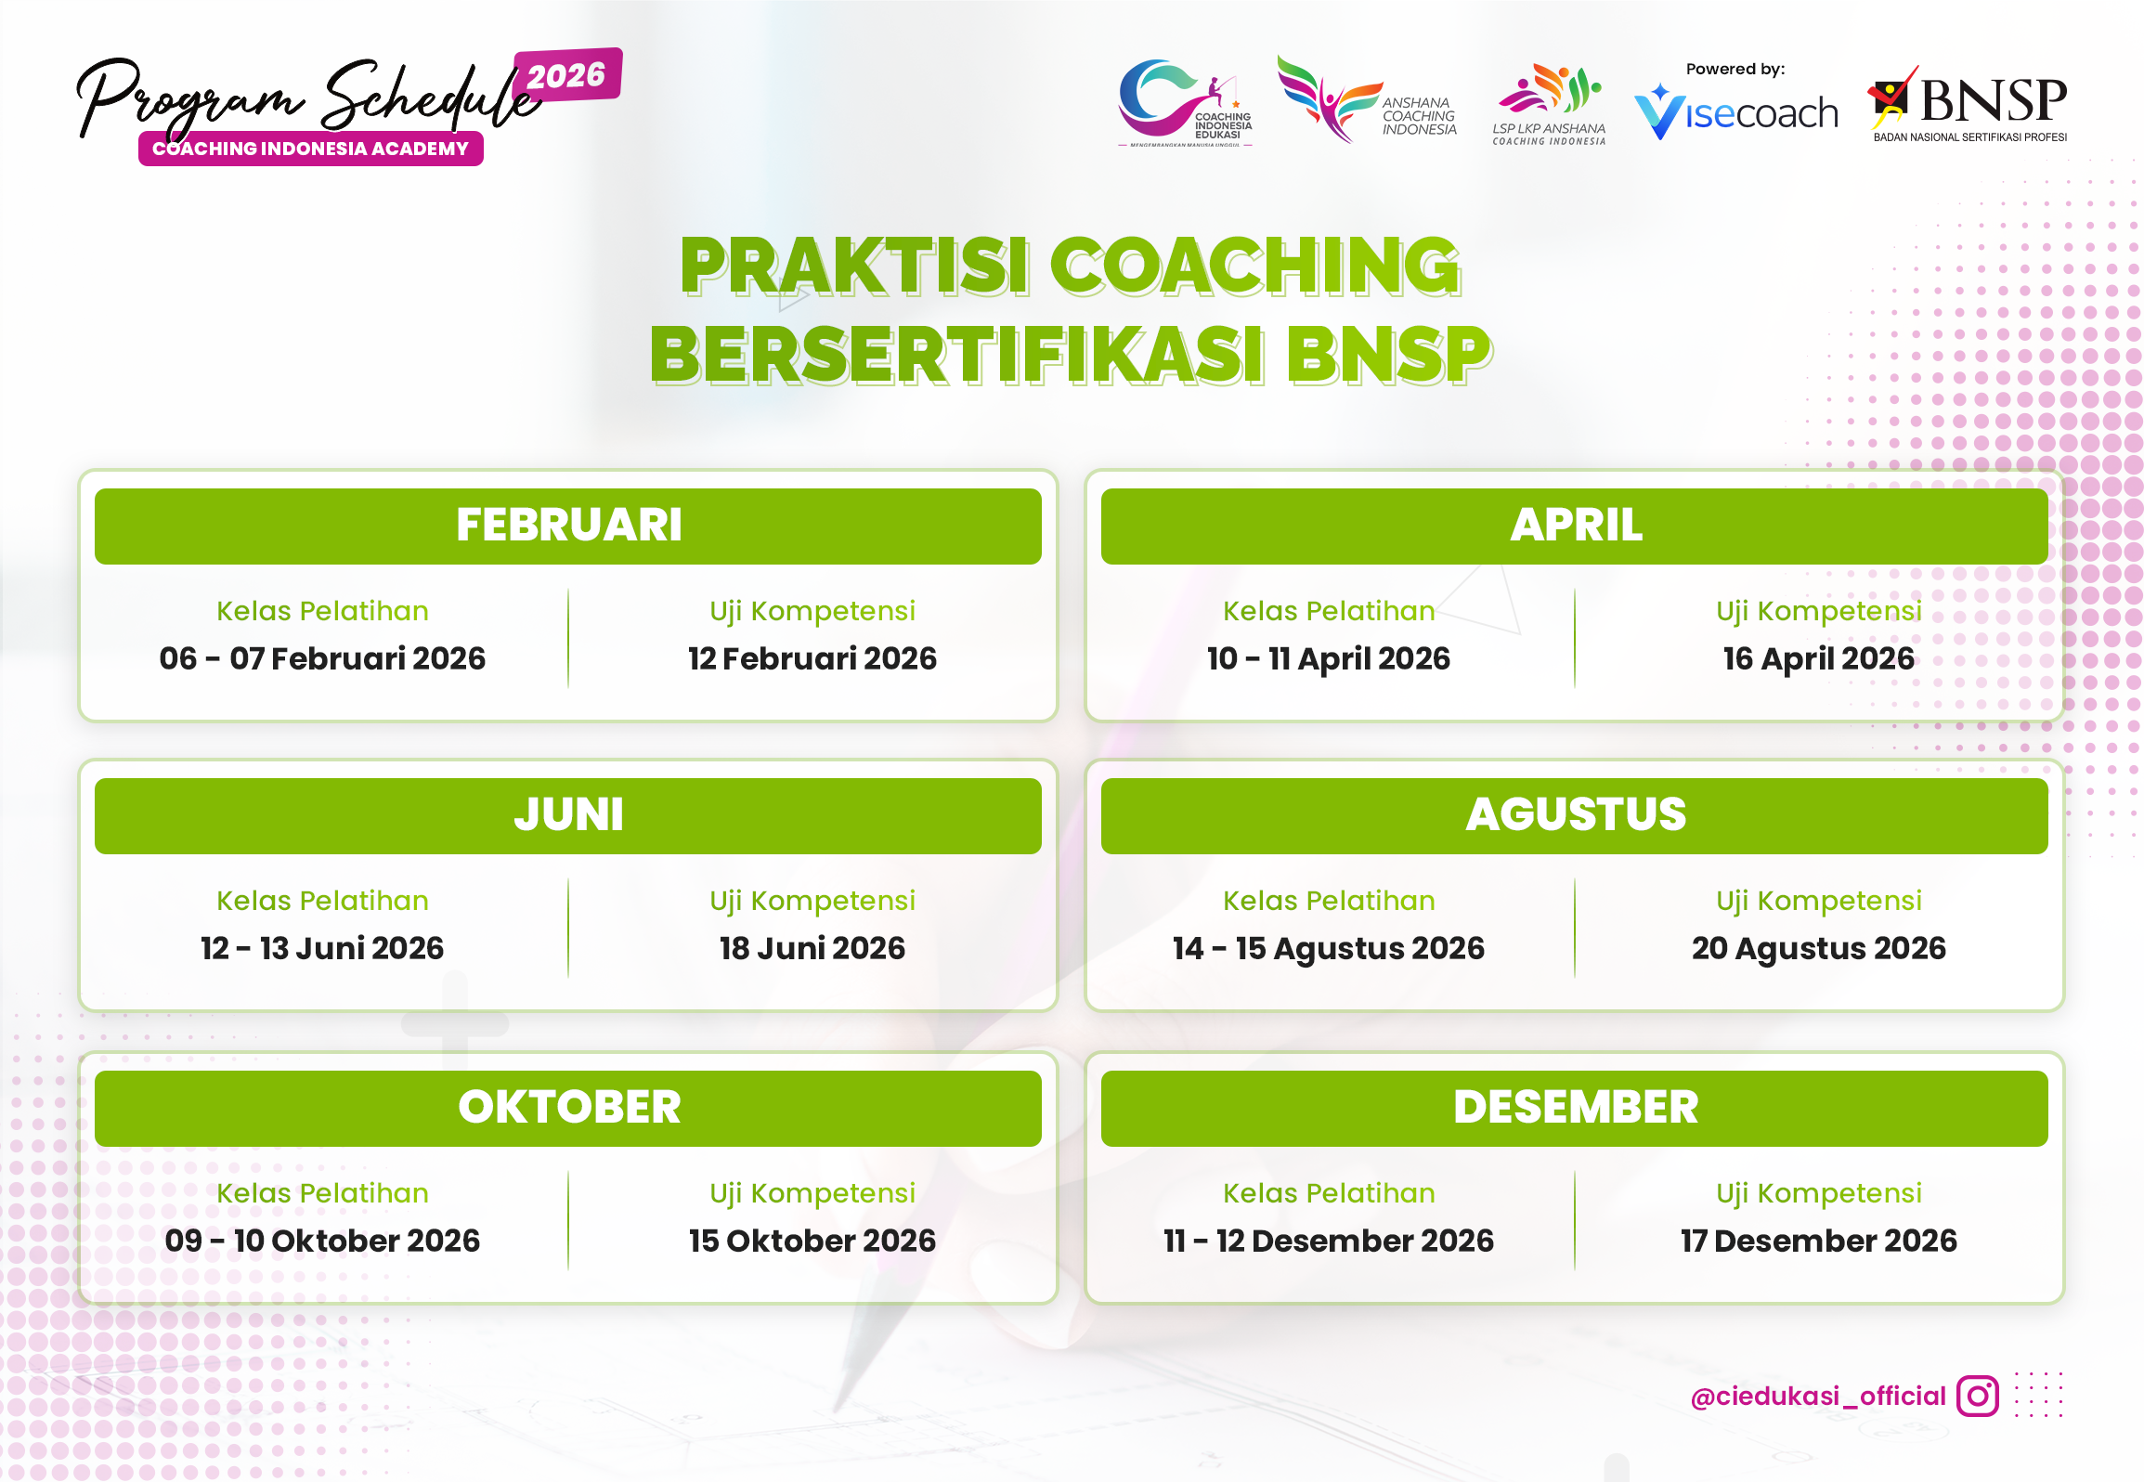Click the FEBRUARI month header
[568, 526]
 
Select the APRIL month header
[1575, 526]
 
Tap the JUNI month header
[568, 815]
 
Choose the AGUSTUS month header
[1575, 815]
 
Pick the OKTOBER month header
[568, 1108]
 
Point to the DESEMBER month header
[1575, 1108]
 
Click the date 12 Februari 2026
[812, 658]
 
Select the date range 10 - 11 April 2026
[1328, 658]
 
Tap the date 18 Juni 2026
[812, 948]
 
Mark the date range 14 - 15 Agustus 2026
[1328, 948]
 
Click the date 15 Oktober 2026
[812, 1241]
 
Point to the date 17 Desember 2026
[1818, 1241]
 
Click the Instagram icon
[1977, 1396]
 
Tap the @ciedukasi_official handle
[1817, 1397]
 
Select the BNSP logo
[1969, 104]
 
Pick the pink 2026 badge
[566, 75]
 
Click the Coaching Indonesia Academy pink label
[310, 149]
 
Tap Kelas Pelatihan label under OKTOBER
[322, 1193]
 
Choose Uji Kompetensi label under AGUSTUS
[1818, 901]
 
